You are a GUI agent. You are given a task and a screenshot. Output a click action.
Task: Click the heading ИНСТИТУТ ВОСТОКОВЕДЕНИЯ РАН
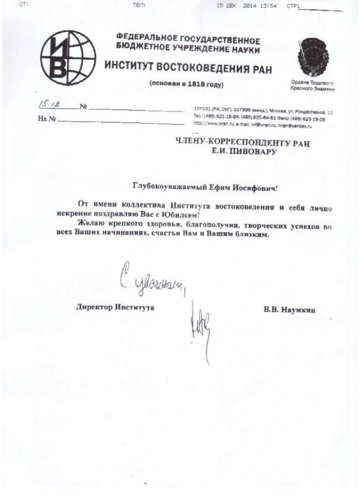pos(188,67)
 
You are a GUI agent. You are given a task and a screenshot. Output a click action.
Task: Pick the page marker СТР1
pos(293,6)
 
